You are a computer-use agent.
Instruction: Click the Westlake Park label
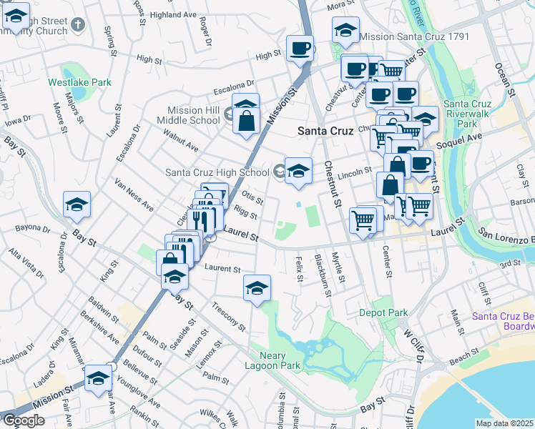79,82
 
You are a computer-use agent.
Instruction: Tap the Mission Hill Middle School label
193,115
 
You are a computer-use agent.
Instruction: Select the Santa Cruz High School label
217,172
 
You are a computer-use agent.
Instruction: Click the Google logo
24,420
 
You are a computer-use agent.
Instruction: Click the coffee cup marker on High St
300,50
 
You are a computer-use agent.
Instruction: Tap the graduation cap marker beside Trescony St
257,289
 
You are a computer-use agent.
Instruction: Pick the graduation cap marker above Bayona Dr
77,206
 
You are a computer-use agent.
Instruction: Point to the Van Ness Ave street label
134,194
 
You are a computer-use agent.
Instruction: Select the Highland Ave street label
173,14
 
